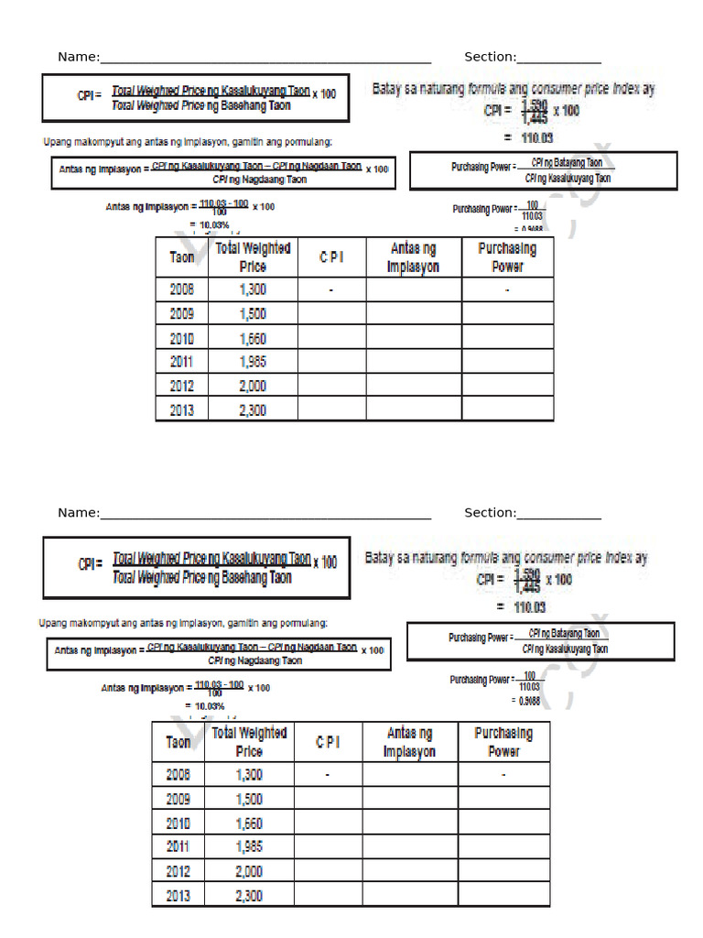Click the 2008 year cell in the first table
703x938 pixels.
point(182,289)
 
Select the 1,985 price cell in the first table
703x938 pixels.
point(253,362)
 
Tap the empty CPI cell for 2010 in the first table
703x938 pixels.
point(331,338)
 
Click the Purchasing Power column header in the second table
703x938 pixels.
point(503,741)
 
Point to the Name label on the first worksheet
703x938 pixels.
point(78,57)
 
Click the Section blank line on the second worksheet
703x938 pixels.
point(559,513)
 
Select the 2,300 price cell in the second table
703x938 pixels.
point(249,895)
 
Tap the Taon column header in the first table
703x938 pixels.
point(182,257)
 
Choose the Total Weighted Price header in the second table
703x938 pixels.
point(249,741)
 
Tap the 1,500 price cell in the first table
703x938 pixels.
point(253,314)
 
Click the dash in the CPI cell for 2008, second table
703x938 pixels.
point(327,775)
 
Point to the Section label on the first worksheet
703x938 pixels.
point(490,57)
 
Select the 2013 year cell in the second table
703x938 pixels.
point(178,895)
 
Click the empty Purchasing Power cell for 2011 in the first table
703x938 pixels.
point(507,362)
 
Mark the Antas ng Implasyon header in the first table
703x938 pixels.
point(414,257)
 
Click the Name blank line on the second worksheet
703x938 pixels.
point(265,513)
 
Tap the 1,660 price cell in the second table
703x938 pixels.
point(249,823)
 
